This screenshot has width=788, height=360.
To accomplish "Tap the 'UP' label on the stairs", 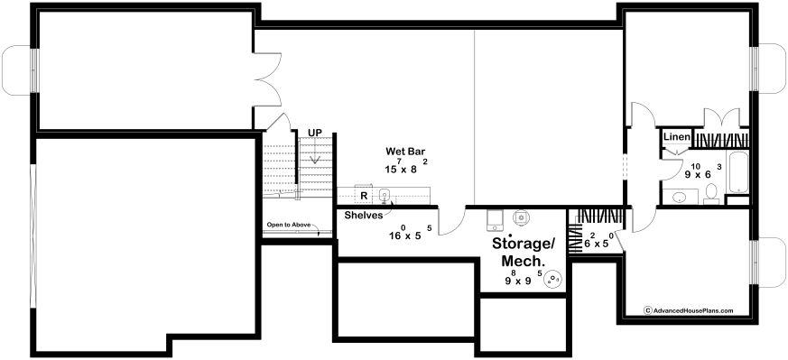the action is pos(315,133).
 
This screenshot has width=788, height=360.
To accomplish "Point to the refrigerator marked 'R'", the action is pos(364,195).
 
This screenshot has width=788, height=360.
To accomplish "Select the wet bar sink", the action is pos(385,195).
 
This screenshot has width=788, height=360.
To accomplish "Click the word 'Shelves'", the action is pos(361,216).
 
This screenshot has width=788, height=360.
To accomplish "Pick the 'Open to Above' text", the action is pos(289,225).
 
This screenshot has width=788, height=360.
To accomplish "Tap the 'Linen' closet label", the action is pos(677,137).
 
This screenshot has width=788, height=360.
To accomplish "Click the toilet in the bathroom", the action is pos(711,194).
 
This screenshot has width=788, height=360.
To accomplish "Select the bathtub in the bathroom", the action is pos(737,171).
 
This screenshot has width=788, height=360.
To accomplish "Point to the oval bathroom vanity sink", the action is pos(679,197).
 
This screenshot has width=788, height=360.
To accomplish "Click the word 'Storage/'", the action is pos(523,244).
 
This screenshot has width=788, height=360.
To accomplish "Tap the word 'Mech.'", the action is pos(524,261).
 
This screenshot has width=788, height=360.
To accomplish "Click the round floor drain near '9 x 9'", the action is pos(553,279).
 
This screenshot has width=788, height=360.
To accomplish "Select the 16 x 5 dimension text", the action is pos(410,234).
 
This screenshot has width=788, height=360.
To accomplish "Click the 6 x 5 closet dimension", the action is pos(599,242).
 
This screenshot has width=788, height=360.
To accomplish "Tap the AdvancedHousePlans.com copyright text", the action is pos(689,310).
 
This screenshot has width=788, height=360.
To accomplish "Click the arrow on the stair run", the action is pos(315,152).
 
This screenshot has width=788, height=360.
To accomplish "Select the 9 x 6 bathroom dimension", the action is pos(703,171).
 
